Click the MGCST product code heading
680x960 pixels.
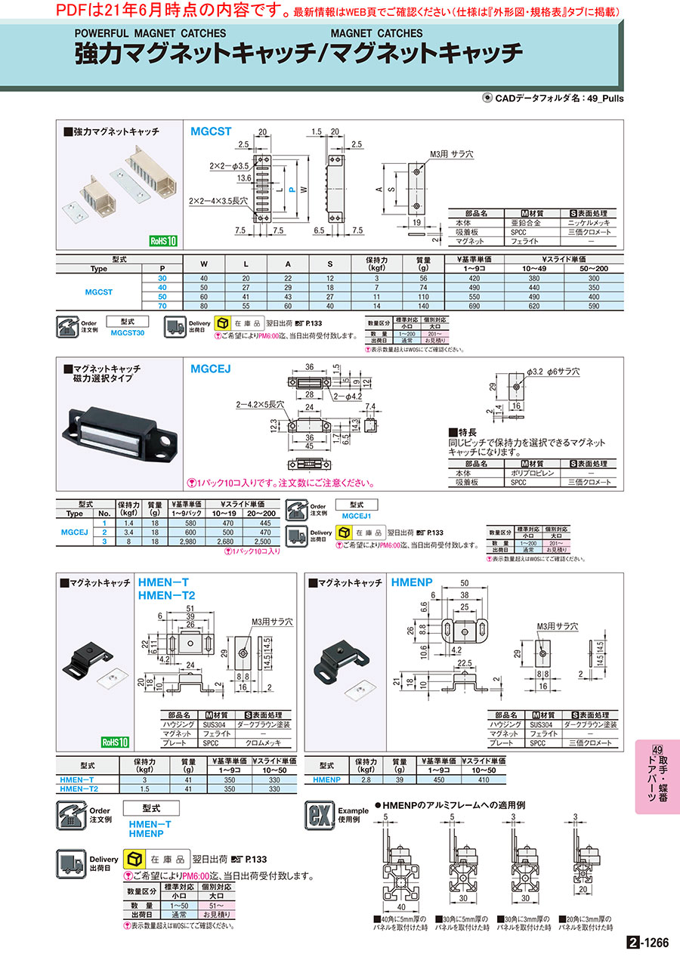211,131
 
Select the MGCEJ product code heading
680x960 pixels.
211,368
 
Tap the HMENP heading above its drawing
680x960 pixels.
413,583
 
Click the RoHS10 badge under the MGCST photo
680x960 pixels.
162,241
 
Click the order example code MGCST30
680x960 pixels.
128,332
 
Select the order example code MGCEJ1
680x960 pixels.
357,516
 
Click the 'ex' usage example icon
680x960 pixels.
317,816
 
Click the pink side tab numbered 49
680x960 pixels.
657,776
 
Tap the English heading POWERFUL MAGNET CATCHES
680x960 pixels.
150,33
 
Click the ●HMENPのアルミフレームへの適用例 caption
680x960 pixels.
455,805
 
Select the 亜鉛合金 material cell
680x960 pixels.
526,224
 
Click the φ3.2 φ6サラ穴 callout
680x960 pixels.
553,372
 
